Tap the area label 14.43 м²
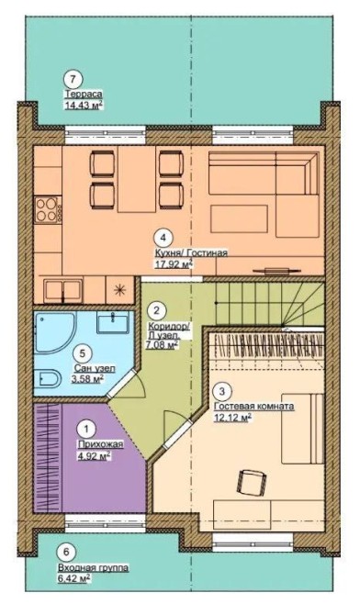click(x=84, y=106)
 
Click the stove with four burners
click(x=49, y=210)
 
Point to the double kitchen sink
click(x=62, y=291)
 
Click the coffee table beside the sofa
click(x=240, y=218)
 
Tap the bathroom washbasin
click(x=113, y=323)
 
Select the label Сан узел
click(x=95, y=368)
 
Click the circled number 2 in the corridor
click(x=157, y=311)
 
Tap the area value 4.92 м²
click(x=94, y=456)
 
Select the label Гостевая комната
click(x=254, y=407)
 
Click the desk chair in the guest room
click(x=252, y=483)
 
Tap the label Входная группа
click(x=93, y=568)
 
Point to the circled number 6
click(x=66, y=552)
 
